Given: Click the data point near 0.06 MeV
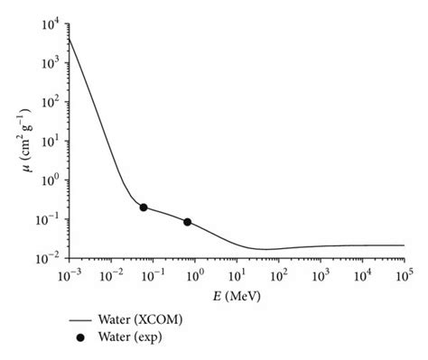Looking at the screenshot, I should pyautogui.click(x=144, y=208).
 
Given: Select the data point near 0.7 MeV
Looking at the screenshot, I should pyautogui.click(x=188, y=222).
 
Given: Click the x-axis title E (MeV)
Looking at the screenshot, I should pyautogui.click(x=237, y=293).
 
